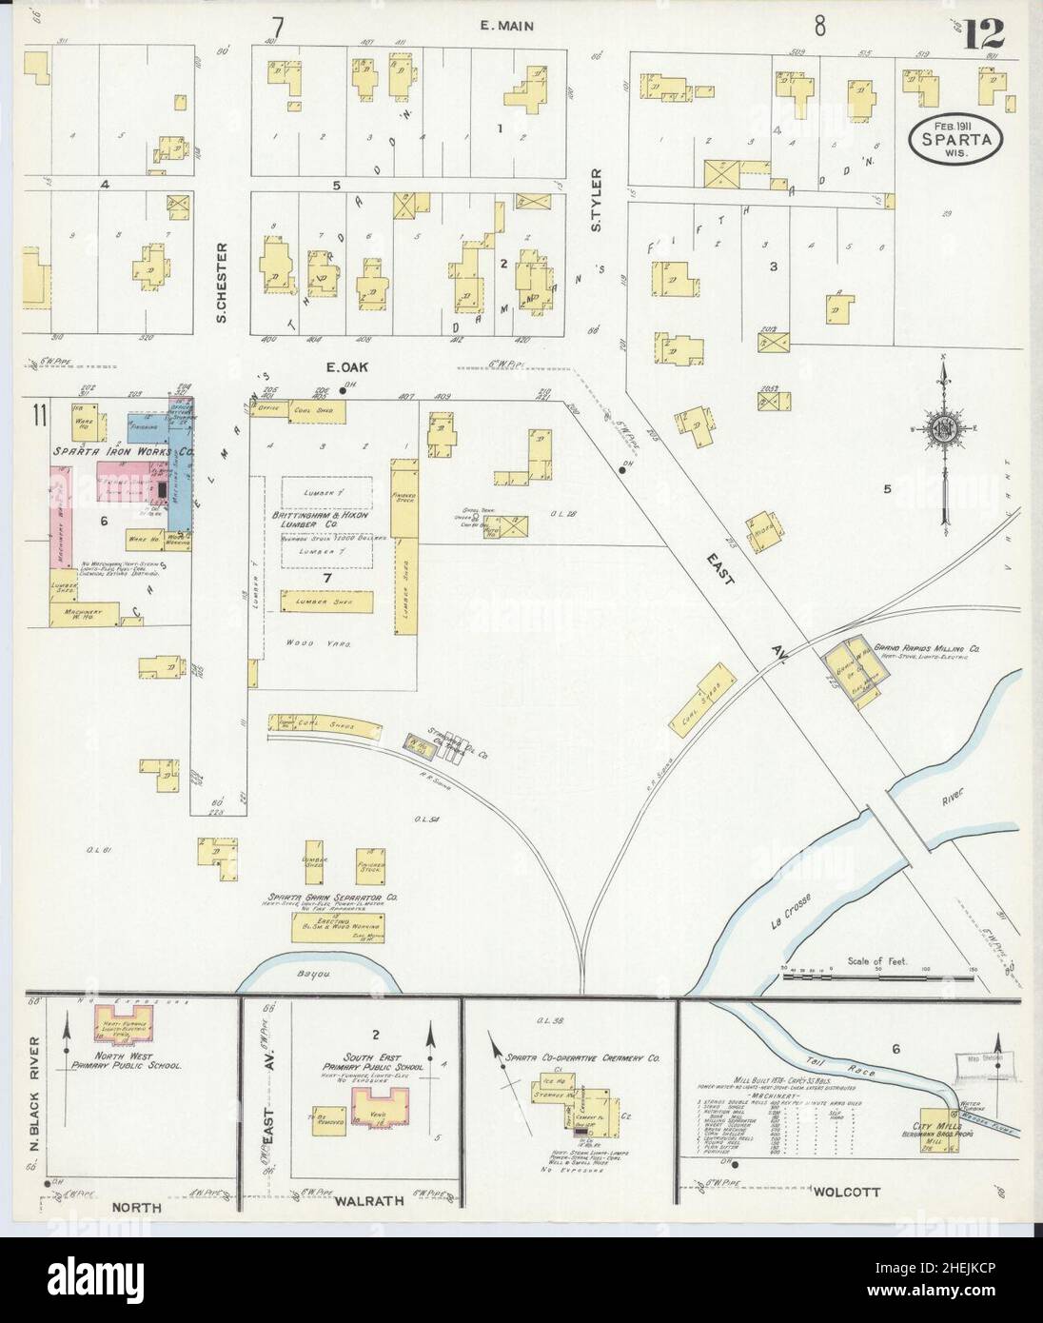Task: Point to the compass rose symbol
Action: pyautogui.click(x=943, y=429)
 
